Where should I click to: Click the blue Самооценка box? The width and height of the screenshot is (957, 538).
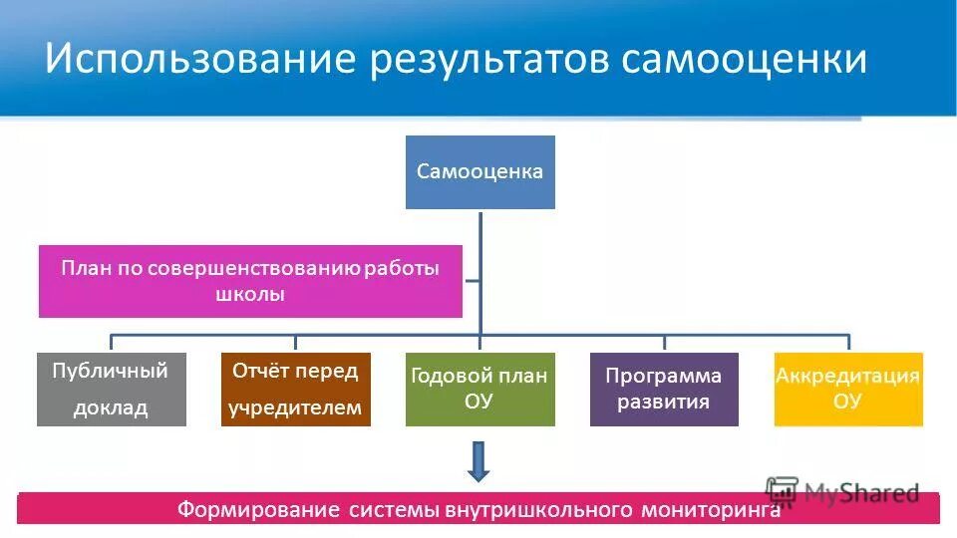479,172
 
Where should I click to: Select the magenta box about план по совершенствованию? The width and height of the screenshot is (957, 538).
250,281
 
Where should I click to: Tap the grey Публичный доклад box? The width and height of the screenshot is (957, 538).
111,389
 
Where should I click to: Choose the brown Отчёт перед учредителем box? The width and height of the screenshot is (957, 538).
295,389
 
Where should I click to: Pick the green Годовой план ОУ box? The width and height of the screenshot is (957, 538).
479,389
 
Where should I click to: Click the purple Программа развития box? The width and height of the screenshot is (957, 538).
664,389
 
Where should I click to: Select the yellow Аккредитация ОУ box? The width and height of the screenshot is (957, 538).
848,389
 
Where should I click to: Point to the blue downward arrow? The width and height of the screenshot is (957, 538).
479,461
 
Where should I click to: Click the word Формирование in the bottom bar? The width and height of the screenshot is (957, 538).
259,510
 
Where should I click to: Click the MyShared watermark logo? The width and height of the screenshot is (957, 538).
842,492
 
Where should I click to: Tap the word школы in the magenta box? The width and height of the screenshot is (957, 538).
250,295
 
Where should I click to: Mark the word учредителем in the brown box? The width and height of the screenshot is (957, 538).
295,407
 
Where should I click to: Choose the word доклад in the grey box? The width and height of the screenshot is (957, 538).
111,407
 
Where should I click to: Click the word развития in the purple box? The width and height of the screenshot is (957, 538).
664,403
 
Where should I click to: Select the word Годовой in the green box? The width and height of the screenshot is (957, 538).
449,376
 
